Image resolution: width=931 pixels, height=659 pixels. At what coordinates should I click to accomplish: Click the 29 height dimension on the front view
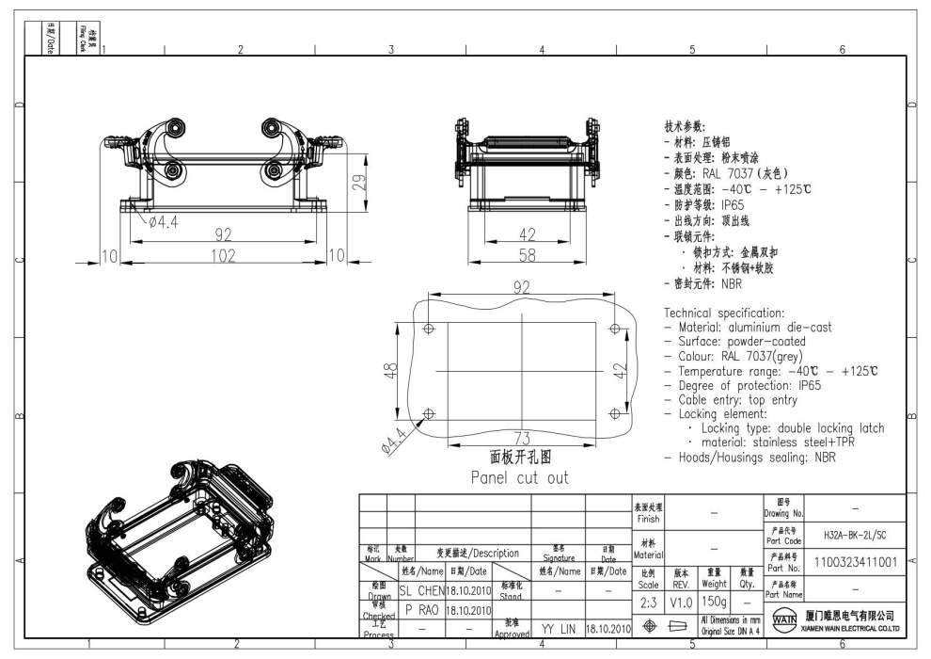tap(359, 181)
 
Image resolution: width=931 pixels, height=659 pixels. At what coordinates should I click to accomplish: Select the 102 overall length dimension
tap(223, 256)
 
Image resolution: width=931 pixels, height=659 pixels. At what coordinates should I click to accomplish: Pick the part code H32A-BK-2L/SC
tap(854, 534)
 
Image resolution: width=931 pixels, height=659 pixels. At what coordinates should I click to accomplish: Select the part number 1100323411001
tap(853, 561)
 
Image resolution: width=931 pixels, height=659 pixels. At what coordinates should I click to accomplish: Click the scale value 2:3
tap(648, 600)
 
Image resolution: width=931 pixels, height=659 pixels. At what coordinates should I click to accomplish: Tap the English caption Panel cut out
tap(519, 477)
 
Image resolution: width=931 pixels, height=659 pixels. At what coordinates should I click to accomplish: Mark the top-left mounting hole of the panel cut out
tap(430, 329)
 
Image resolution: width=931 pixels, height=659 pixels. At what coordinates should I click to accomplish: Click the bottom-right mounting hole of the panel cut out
tap(614, 414)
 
